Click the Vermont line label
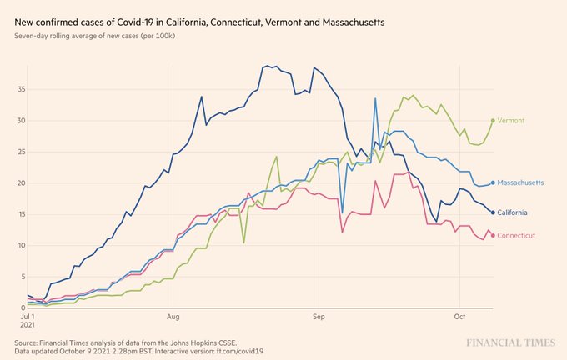(x=512, y=121)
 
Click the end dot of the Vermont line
(x=494, y=121)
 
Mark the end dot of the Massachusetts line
(x=494, y=182)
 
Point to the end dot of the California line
(x=494, y=212)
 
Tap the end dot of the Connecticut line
(x=494, y=236)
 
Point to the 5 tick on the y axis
(x=22, y=277)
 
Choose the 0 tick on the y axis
(x=22, y=307)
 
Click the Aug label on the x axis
(x=173, y=317)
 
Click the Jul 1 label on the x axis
(x=28, y=317)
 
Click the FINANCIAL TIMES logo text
(x=512, y=342)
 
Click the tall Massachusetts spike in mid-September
(x=376, y=99)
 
